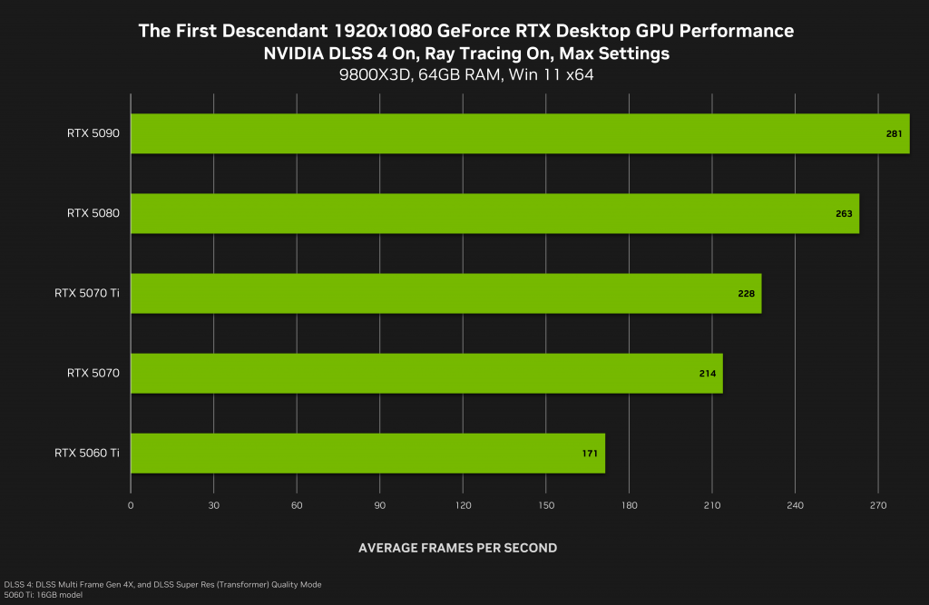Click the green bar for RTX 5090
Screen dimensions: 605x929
(519, 133)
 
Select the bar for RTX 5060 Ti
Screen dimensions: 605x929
(367, 453)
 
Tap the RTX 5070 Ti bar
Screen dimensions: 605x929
(445, 293)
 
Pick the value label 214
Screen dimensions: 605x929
(708, 374)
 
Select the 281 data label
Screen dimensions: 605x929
(894, 134)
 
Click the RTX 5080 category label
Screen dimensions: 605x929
(93, 213)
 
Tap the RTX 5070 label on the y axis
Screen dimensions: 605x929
(93, 373)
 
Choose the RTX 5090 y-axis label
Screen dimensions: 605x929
(93, 133)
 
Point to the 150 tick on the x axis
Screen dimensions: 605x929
(545, 505)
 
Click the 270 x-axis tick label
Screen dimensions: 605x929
(877, 505)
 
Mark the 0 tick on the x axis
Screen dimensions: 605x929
(132, 505)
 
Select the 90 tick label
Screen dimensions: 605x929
(379, 505)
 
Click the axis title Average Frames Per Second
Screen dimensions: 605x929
(457, 548)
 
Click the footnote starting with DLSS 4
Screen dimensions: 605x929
(162, 584)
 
